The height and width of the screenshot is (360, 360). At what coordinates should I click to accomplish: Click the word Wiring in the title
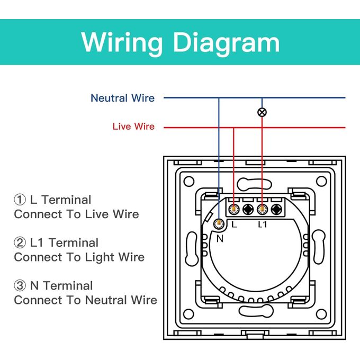[x=122, y=42]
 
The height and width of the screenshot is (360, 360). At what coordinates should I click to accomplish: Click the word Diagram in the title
[x=227, y=42]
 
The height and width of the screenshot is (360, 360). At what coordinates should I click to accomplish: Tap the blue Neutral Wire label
[x=122, y=98]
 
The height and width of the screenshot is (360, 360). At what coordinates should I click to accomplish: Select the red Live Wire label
[x=133, y=127]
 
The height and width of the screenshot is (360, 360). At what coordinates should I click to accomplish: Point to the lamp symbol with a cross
[x=262, y=112]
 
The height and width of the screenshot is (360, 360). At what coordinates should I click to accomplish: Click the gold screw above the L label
[x=233, y=209]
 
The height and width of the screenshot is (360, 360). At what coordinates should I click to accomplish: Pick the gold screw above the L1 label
[x=262, y=209]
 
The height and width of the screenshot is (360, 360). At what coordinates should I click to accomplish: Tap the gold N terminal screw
[x=218, y=224]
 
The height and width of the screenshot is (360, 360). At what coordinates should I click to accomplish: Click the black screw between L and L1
[x=247, y=209]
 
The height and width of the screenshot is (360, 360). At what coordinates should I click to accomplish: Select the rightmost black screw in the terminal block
[x=276, y=209]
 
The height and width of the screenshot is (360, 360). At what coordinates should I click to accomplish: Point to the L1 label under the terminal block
[x=262, y=224]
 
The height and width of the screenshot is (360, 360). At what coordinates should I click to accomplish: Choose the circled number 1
[x=20, y=200]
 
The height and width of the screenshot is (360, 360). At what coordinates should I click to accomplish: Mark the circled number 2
[x=20, y=243]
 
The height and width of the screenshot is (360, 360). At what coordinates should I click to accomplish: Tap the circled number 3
[x=20, y=286]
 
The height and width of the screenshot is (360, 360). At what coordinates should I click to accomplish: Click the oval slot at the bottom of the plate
[x=254, y=310]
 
